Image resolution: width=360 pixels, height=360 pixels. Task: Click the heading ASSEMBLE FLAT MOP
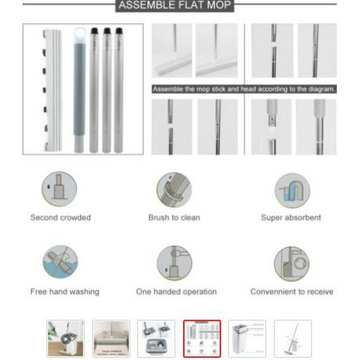pos(175,5)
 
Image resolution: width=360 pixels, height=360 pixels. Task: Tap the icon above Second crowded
pos(59,190)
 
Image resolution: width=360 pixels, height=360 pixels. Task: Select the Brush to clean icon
pos(174,190)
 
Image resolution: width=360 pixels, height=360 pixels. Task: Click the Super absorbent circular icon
pos(292,190)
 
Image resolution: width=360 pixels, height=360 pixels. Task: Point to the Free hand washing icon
pos(60,263)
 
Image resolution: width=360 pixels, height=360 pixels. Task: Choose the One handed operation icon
pos(174,263)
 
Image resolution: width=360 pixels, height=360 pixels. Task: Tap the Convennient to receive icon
pos(292,263)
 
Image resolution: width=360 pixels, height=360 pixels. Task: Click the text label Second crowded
pos(60,218)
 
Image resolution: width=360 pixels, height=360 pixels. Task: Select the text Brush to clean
pos(174,218)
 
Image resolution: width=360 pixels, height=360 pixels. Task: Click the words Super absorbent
pos(291,218)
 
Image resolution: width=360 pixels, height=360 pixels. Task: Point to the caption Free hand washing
pos(64,292)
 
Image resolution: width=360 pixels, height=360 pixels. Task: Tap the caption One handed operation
pos(176,292)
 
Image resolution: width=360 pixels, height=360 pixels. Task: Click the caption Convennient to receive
pos(292,292)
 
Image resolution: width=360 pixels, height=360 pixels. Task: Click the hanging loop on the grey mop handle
pos(80,34)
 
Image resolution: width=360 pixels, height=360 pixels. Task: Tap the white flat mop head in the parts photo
pos(53,90)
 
